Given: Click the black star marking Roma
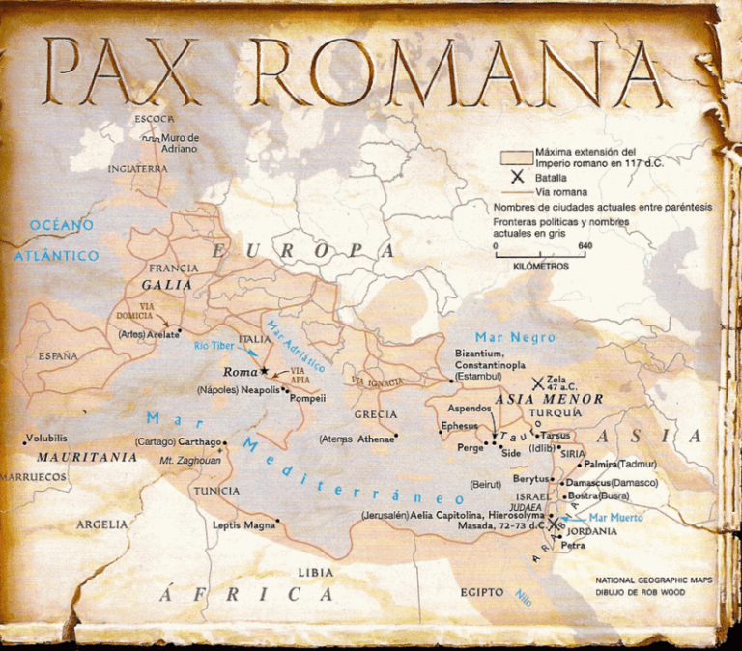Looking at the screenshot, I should click(x=264, y=371).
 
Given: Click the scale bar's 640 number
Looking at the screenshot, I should click(x=585, y=245).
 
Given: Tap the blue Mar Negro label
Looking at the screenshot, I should click(x=522, y=337).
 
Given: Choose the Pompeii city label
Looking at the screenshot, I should click(x=306, y=397).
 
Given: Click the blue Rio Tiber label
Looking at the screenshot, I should click(x=214, y=345).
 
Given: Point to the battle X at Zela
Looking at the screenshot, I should click(x=537, y=383).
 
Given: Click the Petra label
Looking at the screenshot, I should click(x=572, y=546).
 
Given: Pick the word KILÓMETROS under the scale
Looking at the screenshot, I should click(x=541, y=265).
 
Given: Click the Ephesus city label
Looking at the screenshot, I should click(x=459, y=425).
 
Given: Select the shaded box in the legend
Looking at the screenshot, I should click(x=516, y=157).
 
